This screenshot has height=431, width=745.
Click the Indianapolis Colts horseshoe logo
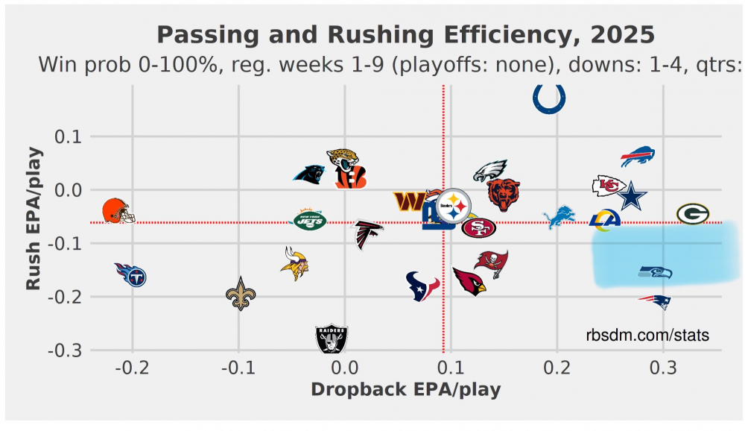click(550, 98)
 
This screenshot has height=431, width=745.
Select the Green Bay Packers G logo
click(692, 214)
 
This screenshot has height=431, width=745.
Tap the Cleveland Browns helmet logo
click(117, 211)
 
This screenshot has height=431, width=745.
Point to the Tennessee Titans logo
click(131, 275)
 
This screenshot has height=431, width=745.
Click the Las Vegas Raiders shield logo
click(332, 339)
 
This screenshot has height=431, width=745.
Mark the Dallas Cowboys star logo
click(632, 196)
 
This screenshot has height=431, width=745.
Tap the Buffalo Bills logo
click(638, 157)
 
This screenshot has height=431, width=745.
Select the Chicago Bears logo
click(504, 195)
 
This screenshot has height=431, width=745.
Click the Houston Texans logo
click(422, 286)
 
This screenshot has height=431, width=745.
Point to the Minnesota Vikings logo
click(296, 263)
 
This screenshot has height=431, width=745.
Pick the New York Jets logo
click(308, 220)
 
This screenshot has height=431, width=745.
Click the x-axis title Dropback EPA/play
click(405, 389)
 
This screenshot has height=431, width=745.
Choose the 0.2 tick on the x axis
click(557, 368)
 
